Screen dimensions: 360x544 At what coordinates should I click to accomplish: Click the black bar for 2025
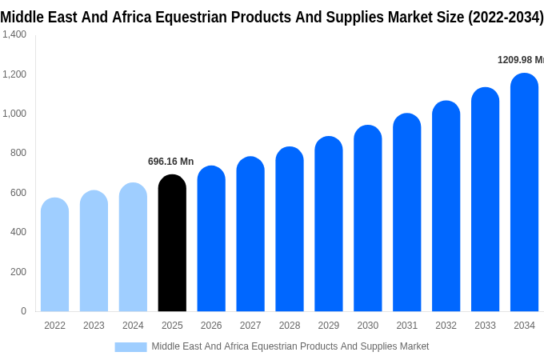pyautogui.click(x=172, y=243)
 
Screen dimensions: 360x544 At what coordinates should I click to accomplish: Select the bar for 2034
pyautogui.click(x=524, y=193)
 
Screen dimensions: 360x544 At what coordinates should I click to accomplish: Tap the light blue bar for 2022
pyautogui.click(x=54, y=255)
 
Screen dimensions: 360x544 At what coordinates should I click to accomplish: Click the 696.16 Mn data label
pyautogui.click(x=170, y=162)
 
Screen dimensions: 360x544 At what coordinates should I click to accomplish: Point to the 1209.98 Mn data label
pyautogui.click(x=520, y=60)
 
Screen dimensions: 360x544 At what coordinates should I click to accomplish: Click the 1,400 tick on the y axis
pyautogui.click(x=14, y=34)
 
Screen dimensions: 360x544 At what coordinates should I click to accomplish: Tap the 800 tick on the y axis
pyautogui.click(x=18, y=153)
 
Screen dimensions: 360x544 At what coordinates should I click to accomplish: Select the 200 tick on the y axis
pyautogui.click(x=18, y=272)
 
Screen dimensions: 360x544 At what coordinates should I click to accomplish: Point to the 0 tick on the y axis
pyautogui.click(x=23, y=311)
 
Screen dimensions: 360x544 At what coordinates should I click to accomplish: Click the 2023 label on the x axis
pyautogui.click(x=94, y=326)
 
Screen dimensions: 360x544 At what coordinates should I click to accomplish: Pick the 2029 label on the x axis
pyautogui.click(x=329, y=326)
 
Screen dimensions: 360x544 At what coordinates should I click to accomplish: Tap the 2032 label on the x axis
pyautogui.click(x=446, y=326)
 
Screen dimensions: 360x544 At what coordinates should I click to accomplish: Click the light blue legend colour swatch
pyautogui.click(x=130, y=346)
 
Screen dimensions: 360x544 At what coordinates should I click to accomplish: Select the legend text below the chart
pyautogui.click(x=290, y=346)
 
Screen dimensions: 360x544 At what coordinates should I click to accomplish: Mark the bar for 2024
pyautogui.click(x=133, y=247)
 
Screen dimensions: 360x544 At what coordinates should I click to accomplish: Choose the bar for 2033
pyautogui.click(x=485, y=200)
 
